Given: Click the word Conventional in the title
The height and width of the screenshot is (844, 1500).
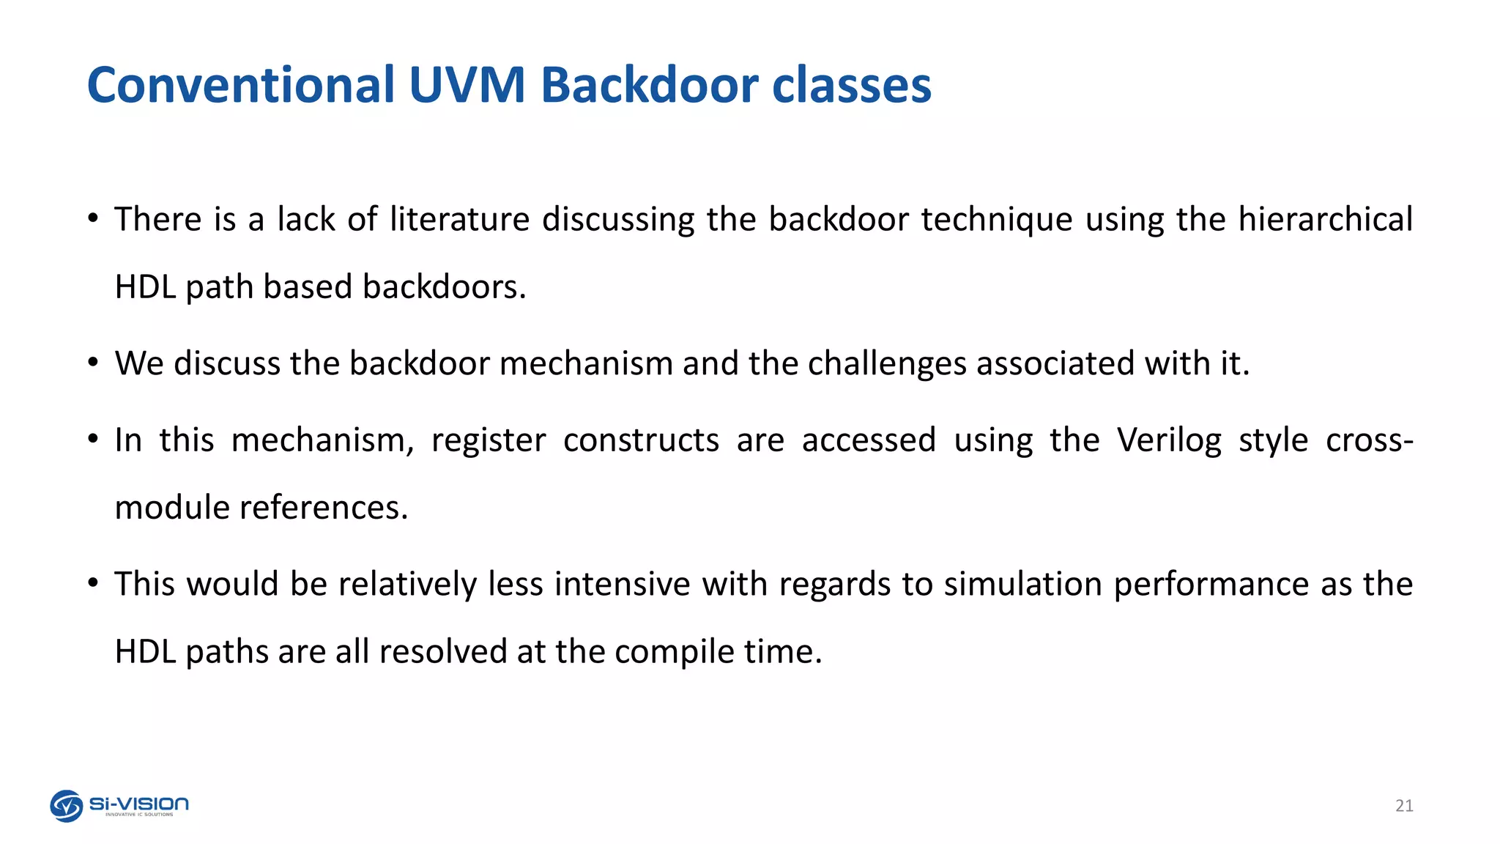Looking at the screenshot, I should tap(240, 86).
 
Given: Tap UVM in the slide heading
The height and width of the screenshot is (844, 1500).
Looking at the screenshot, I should tap(467, 86).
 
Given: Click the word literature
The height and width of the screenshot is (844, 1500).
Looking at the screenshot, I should tap(459, 219).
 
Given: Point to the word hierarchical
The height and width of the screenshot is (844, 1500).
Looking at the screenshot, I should tap(1325, 219).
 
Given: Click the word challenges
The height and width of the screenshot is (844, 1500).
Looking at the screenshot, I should tap(887, 364).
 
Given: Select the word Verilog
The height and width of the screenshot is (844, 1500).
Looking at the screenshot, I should tap(1169, 441).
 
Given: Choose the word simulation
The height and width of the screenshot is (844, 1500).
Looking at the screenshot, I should tap(1022, 585).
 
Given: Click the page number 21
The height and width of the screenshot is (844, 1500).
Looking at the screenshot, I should tap(1403, 806).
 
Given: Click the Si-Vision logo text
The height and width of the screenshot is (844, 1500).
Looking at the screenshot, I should tap(139, 804).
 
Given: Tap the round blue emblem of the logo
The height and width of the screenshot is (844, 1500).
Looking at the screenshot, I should tap(66, 806).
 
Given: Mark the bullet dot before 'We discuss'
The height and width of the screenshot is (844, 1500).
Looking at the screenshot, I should tap(92, 362).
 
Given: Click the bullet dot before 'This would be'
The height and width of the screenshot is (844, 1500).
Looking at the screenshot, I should tap(92, 583).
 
